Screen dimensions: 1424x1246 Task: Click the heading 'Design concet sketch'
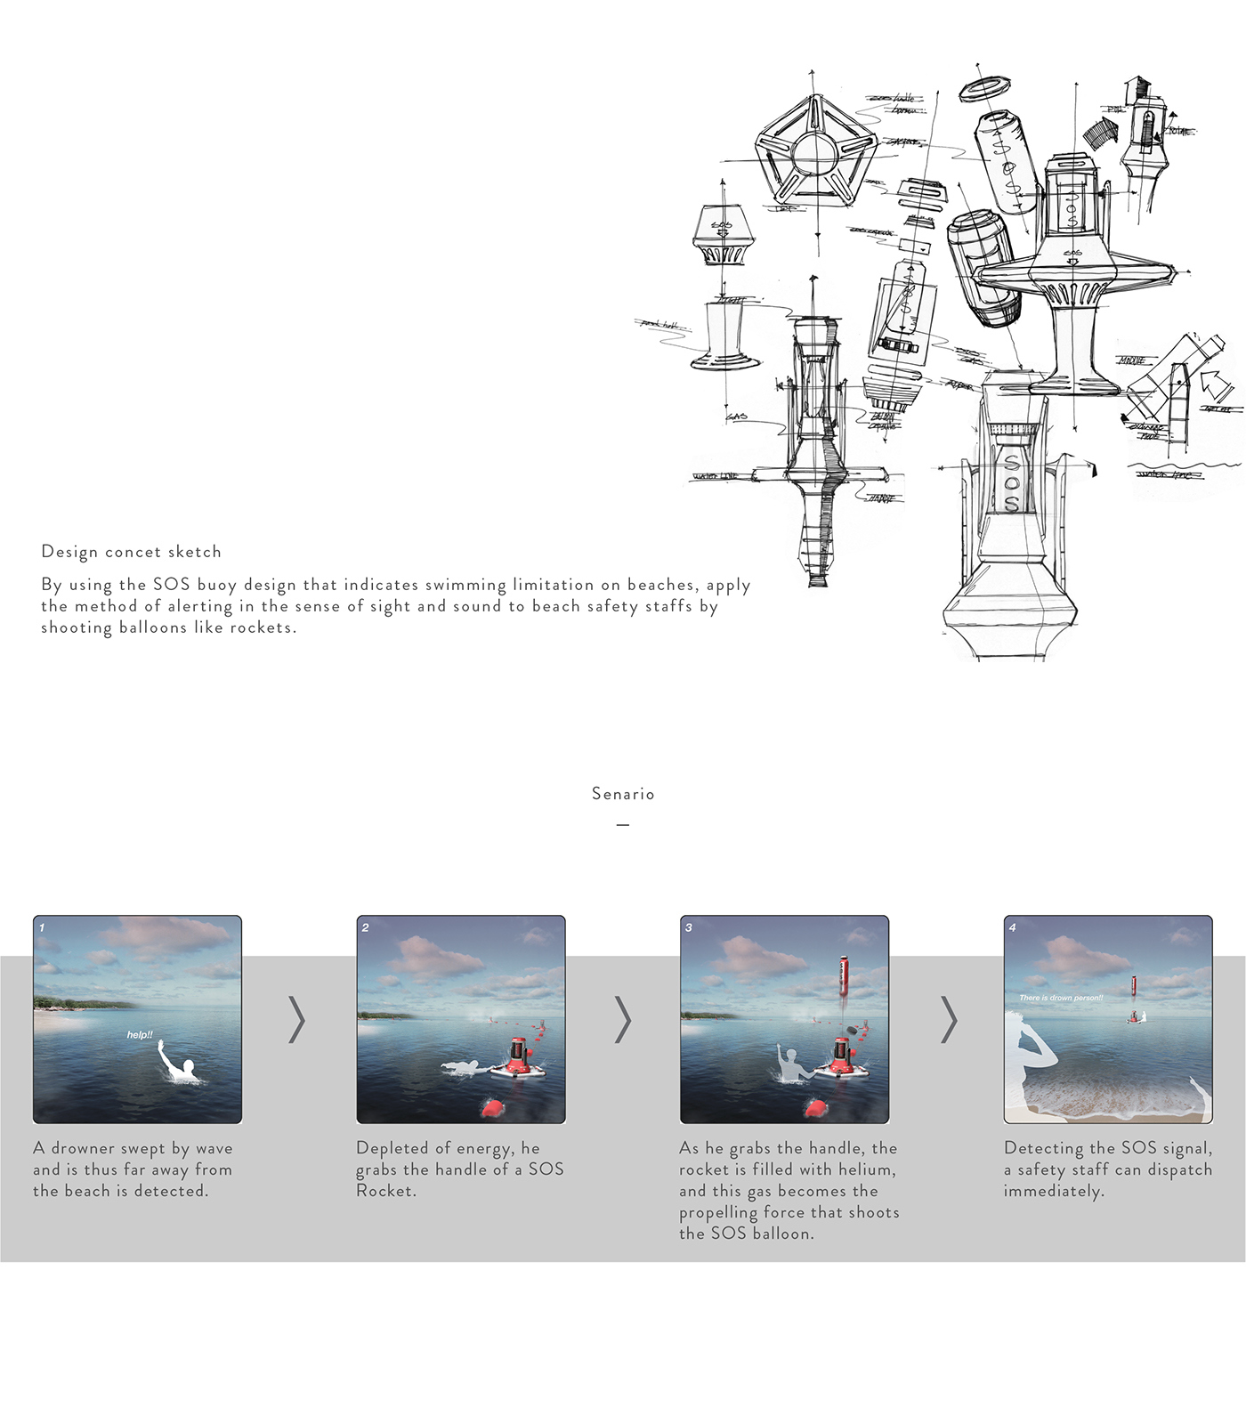[x=131, y=552]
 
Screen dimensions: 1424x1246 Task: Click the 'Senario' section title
[x=623, y=794]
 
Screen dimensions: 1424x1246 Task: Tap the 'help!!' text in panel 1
[x=140, y=1035]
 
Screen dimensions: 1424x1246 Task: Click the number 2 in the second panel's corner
[x=365, y=927]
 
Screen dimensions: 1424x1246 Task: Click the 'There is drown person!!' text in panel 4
[x=1061, y=998]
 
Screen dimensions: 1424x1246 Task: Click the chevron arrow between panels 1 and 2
[x=297, y=1020]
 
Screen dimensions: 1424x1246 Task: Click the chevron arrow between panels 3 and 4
[x=949, y=1020]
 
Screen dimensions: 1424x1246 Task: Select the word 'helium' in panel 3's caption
[x=867, y=1169]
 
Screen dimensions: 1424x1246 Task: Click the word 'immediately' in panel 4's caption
[x=1053, y=1191]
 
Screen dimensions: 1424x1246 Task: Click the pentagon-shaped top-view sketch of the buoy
[x=815, y=157]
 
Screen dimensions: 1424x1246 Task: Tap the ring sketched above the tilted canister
[x=985, y=88]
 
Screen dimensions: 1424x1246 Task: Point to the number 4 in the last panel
[x=1012, y=927]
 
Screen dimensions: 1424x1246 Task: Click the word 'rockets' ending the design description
[x=262, y=627]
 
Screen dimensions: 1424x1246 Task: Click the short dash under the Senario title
[x=623, y=825]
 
